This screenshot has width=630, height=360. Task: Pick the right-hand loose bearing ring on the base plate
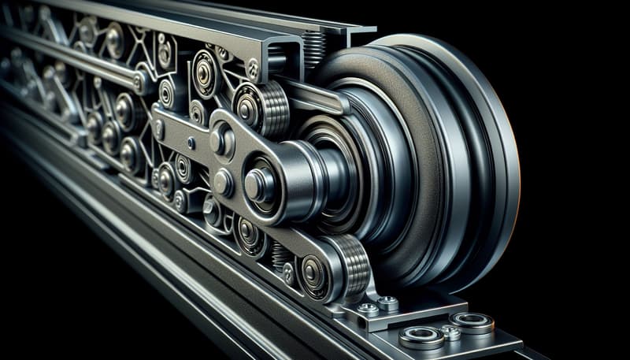tap(472, 322)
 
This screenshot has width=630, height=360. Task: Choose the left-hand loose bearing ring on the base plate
tap(421, 337)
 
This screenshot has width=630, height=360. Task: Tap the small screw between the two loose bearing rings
tap(451, 333)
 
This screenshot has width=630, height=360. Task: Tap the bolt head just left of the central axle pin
tap(223, 184)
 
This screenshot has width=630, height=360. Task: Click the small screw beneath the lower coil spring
tap(289, 273)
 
